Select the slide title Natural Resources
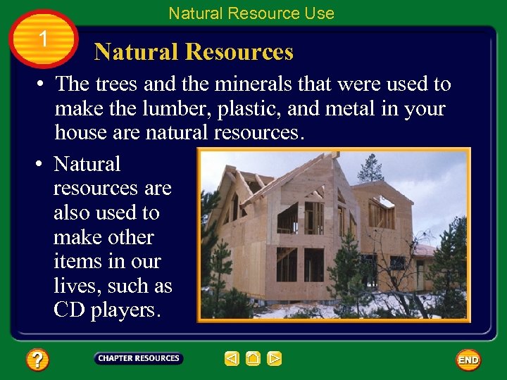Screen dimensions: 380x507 [194, 52]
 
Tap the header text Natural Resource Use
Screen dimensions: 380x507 [251, 13]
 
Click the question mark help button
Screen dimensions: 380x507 [37, 360]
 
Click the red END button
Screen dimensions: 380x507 [468, 360]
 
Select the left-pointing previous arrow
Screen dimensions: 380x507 [232, 359]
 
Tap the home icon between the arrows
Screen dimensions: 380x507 [254, 359]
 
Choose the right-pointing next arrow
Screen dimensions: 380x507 [275, 359]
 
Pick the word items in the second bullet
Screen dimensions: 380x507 [74, 262]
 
